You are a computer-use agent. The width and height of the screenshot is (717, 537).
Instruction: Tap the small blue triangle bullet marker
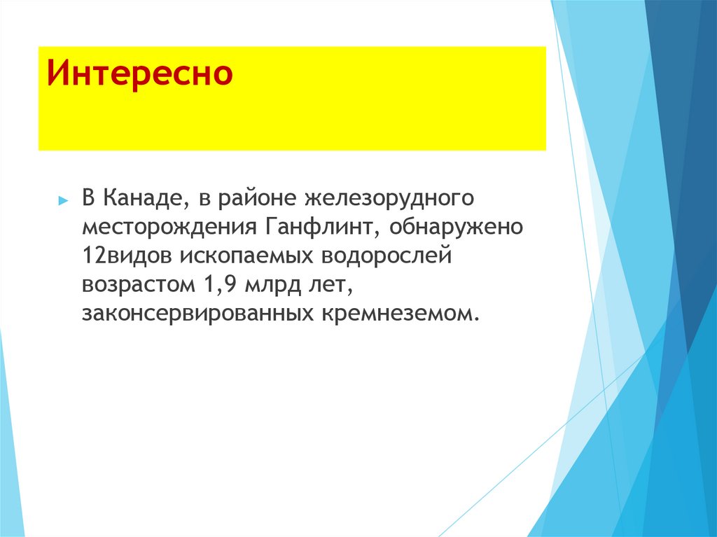(x=63, y=200)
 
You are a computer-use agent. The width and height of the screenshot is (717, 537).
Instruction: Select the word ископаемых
(x=248, y=257)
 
